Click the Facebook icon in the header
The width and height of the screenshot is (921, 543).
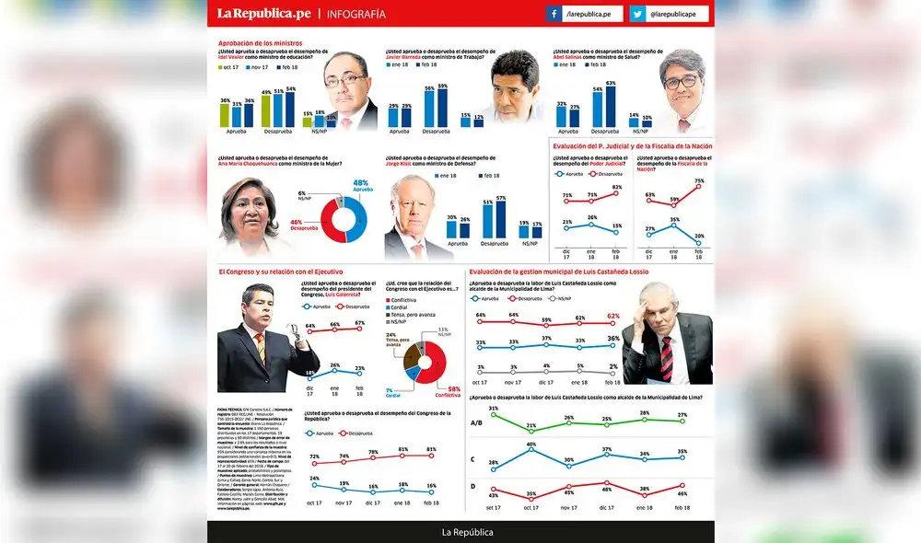pyautogui.click(x=554, y=14)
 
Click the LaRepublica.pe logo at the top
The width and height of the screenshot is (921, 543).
pyautogui.click(x=263, y=14)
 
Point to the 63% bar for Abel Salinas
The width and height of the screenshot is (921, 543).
pyautogui.click(x=610, y=107)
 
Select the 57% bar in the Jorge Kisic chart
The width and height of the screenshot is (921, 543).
pyautogui.click(x=500, y=222)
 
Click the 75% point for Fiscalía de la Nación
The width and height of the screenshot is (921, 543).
pyautogui.click(x=699, y=186)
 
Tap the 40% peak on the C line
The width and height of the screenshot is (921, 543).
pyautogui.click(x=531, y=451)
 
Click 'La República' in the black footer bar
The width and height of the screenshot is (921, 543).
pyautogui.click(x=467, y=532)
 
